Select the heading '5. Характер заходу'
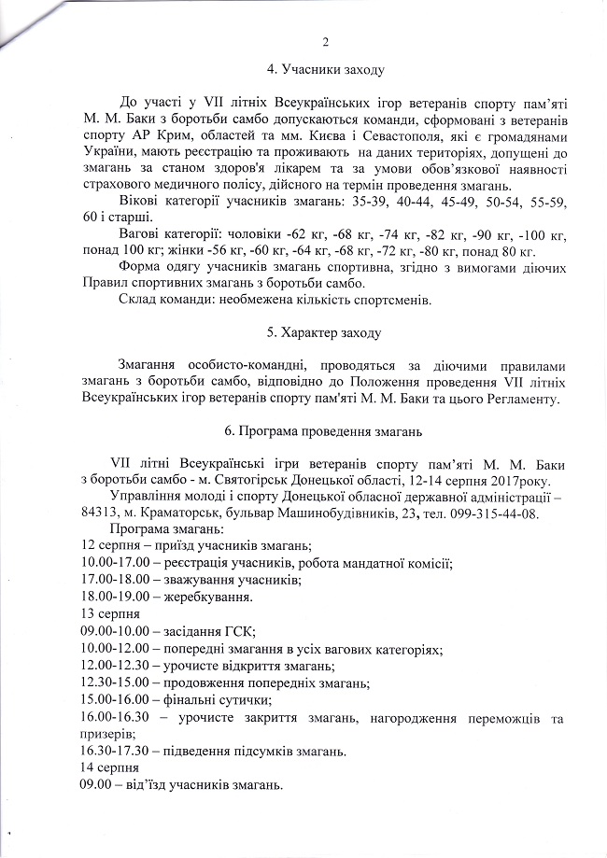point(325,333)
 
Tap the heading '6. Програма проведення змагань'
point(325,431)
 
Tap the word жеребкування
point(196,597)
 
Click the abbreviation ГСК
point(240,631)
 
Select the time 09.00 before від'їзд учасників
point(97,783)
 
